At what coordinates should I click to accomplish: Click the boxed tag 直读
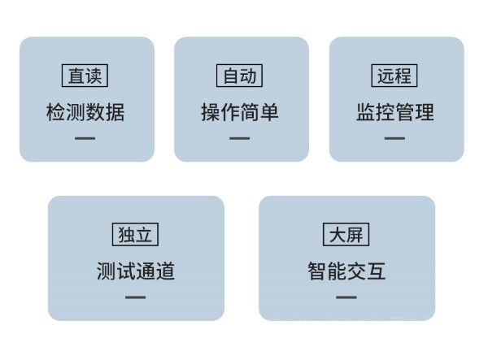pos(85,76)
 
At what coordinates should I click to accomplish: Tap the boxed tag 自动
pos(239,76)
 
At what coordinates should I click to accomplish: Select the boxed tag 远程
pos(394,76)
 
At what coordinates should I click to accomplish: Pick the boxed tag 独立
pos(135,234)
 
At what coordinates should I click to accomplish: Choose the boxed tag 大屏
pos(346,234)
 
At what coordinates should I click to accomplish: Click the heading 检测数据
pos(85,112)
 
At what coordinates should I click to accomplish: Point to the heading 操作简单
pos(240,112)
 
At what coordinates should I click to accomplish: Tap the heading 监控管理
pos(395,112)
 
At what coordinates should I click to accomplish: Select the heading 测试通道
pos(136,271)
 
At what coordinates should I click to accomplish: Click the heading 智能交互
pos(346,271)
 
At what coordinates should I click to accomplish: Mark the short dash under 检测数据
pos(85,138)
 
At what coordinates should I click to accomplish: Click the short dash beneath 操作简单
pos(240,138)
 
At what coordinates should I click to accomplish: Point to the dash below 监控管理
pos(394,138)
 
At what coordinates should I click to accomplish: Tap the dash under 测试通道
pos(135,297)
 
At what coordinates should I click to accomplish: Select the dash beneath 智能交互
pos(346,297)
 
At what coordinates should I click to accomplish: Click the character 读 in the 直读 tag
pos(94,76)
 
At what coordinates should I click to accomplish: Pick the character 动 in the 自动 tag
pos(248,76)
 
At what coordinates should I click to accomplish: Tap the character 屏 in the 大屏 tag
pos(355,235)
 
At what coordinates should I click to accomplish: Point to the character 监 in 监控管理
pos(366,112)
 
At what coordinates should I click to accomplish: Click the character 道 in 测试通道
pos(165,271)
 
